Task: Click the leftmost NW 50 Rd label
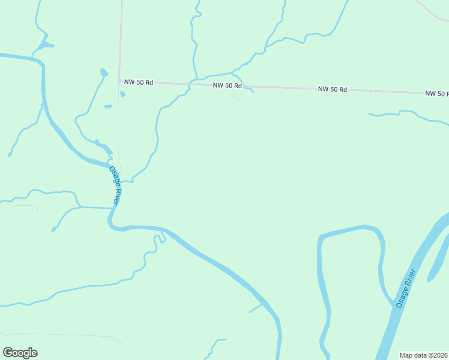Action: pos(139,82)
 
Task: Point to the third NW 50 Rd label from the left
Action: pos(333,89)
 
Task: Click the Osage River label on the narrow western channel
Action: pos(116,186)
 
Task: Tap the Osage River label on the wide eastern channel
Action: pos(406,289)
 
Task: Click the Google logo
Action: pos(20,353)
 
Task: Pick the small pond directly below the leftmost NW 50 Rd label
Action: pos(122,94)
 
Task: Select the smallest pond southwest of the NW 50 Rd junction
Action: pos(108,107)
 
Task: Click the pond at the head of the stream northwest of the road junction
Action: pos(104,73)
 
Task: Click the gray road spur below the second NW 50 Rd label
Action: pos(237,98)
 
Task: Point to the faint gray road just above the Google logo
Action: pos(60,334)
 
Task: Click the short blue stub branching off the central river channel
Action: pos(256,308)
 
